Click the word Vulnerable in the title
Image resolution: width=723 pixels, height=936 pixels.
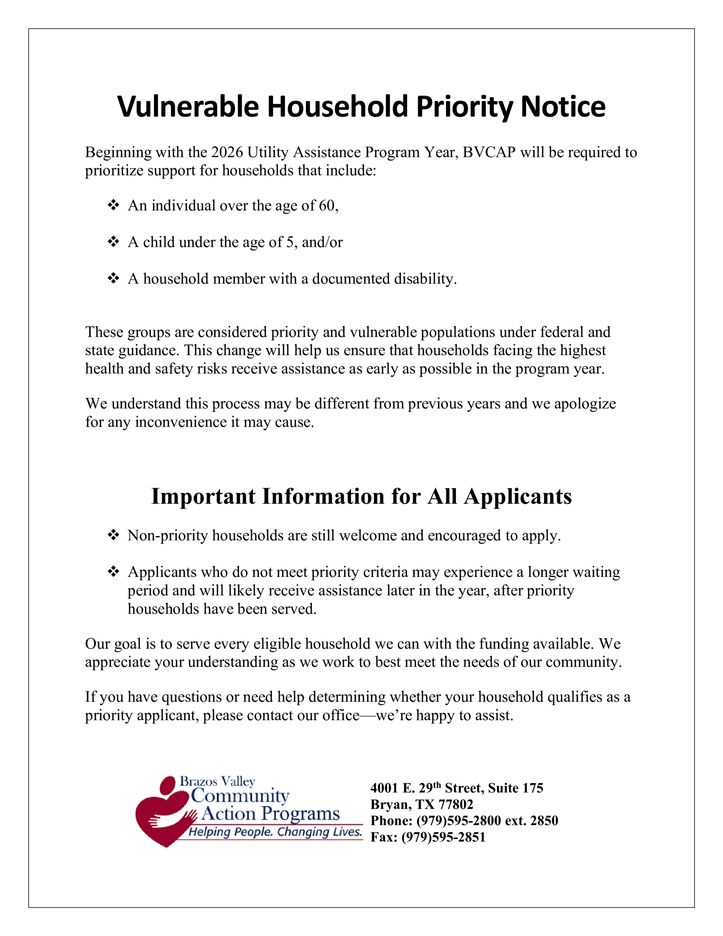[188, 106]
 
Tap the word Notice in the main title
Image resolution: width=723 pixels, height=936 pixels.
[563, 106]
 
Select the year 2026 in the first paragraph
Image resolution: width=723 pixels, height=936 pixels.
[227, 152]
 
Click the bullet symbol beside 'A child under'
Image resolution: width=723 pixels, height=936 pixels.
[113, 242]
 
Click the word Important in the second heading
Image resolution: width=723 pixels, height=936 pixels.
[204, 497]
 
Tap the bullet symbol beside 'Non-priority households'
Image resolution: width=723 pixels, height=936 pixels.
[113, 535]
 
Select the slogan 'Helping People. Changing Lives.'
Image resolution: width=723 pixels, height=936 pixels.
[275, 832]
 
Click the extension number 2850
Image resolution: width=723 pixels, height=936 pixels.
[544, 821]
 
